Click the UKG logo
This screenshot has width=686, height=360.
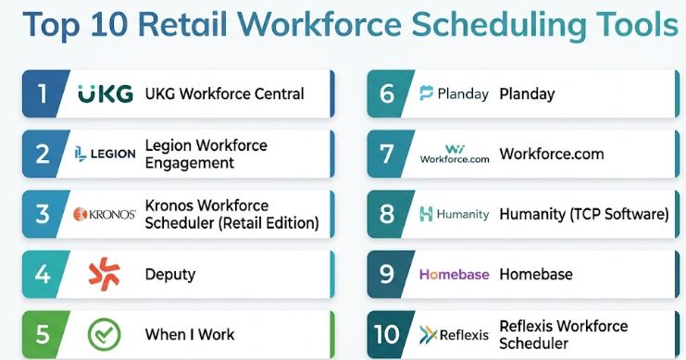click(106, 93)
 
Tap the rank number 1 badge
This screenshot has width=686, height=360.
click(43, 93)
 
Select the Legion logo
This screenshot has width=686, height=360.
click(105, 154)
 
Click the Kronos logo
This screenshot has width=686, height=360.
click(105, 215)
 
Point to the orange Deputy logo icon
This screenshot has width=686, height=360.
click(104, 274)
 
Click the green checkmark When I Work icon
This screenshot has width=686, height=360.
click(104, 335)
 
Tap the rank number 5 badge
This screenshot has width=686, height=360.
click(43, 335)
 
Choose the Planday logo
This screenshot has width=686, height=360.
click(455, 93)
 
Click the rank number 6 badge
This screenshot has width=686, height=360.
click(387, 93)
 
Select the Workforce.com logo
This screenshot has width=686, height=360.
click(455, 154)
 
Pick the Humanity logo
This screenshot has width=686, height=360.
click(455, 214)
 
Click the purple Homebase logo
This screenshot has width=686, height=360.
click(455, 274)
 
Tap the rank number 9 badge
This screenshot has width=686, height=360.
click(387, 274)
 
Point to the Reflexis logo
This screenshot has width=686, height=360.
click(455, 335)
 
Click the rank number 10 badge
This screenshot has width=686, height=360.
click(387, 335)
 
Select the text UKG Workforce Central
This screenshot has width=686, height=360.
click(224, 93)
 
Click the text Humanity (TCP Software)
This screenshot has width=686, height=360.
click(584, 215)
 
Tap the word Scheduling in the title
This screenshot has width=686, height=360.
click(500, 25)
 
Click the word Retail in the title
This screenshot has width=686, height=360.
click(182, 24)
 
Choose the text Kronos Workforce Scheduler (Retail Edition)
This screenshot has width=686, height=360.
click(231, 215)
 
